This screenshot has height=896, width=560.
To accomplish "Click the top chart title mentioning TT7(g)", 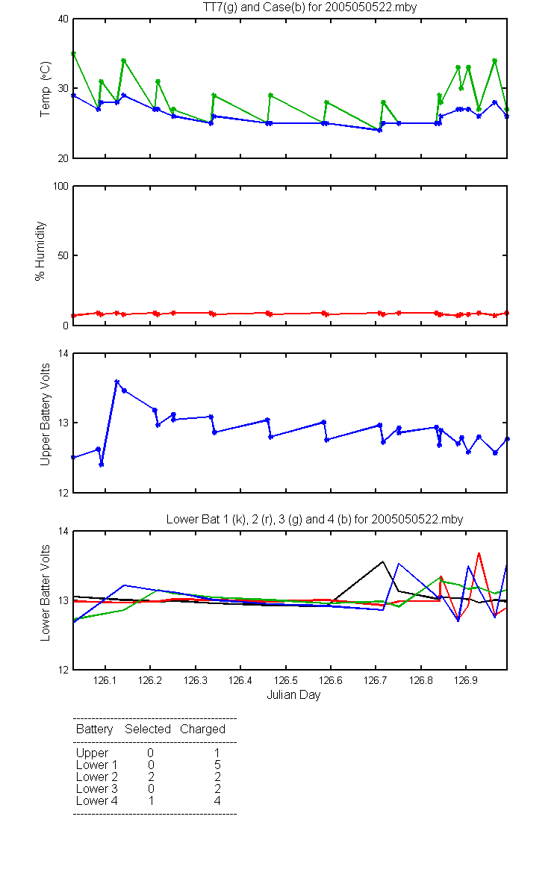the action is (310, 7).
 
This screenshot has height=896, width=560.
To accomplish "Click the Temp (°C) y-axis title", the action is (46, 89).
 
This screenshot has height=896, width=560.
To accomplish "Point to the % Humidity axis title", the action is (40, 251).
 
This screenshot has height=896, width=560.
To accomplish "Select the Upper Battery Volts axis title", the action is (46, 414).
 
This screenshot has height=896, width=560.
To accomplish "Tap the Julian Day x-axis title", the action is (293, 695).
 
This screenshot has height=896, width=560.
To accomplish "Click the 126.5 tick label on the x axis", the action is (285, 680).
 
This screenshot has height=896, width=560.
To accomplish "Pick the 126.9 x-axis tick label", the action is (466, 680).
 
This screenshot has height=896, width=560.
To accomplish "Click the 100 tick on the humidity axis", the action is (60, 186).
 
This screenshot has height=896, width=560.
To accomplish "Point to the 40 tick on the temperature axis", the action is (63, 19).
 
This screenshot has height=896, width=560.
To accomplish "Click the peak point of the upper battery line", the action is (116, 382).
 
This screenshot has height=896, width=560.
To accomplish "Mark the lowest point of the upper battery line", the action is (102, 464).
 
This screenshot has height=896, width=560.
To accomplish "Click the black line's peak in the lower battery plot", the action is (383, 561).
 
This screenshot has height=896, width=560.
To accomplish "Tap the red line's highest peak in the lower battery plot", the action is (479, 553).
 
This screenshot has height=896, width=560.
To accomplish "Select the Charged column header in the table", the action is (203, 729).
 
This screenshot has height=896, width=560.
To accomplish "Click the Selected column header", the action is (148, 729).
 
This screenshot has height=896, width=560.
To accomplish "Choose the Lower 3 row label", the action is (97, 788).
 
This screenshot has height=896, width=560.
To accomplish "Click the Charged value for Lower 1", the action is (217, 765).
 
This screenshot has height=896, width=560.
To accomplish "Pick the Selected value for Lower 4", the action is (151, 800).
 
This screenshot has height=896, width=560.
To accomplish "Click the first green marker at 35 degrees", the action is (73, 54).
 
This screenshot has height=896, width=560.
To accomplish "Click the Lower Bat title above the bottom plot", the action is (314, 519).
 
